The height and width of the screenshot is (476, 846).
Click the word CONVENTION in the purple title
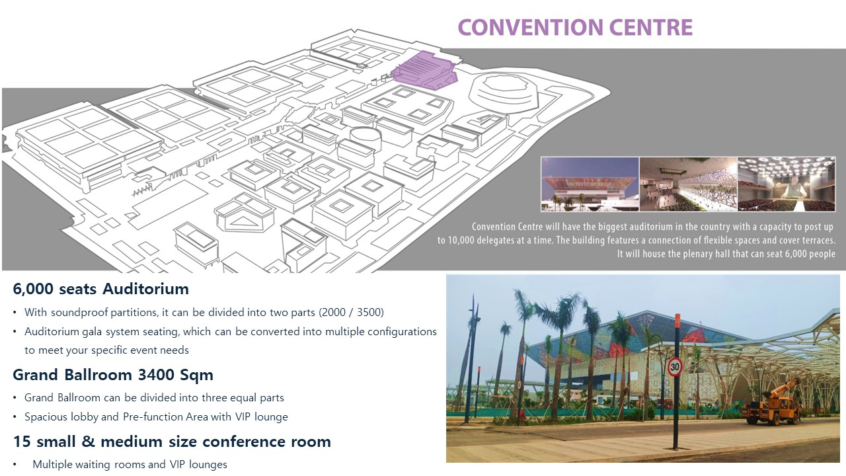pos(531,28)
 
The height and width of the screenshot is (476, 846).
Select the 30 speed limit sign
pos(675,367)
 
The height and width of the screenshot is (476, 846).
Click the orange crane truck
pos(773,403)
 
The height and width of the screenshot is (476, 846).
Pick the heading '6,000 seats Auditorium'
pos(101,289)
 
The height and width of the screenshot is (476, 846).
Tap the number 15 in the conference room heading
pos(22,441)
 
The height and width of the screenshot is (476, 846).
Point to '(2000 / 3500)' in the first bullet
pos(351,313)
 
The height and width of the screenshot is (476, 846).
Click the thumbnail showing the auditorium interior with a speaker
pos(787,184)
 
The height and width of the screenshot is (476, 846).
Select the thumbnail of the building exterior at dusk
pos(590,184)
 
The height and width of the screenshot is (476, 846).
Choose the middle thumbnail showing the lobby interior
pos(688,184)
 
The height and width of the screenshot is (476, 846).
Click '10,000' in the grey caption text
pos(461,240)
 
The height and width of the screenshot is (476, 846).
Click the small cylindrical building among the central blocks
pos(365,138)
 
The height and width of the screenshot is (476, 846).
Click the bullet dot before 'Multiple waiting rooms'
pos(15,464)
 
